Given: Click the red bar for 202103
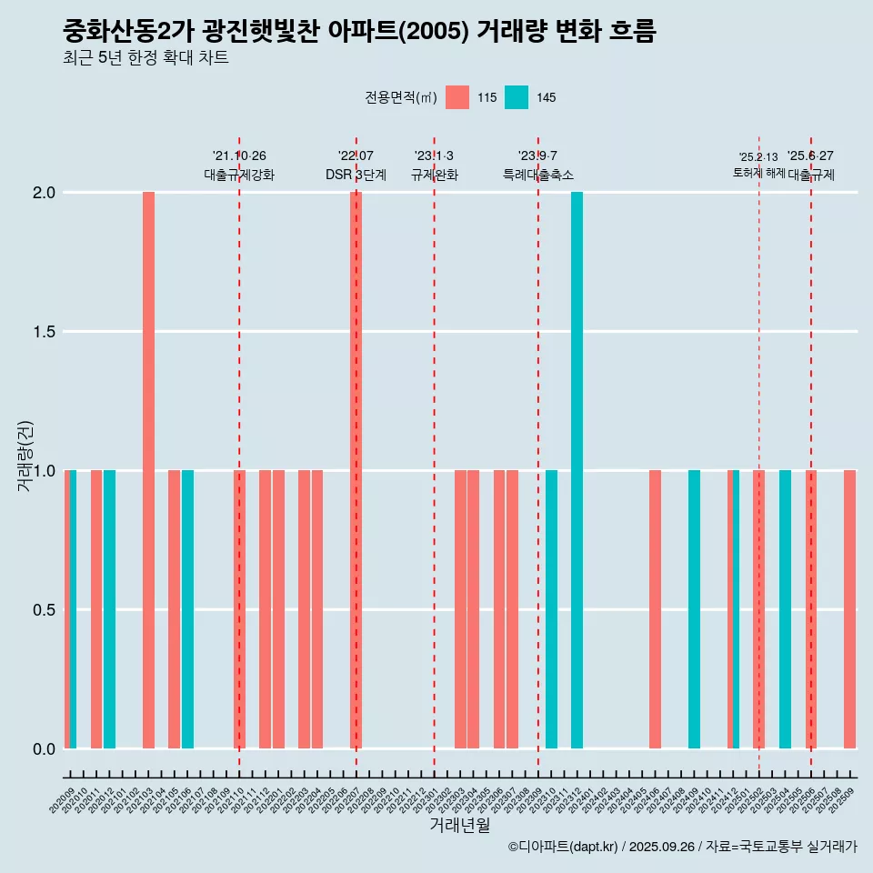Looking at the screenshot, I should point(148,470).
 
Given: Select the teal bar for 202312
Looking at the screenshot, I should point(577,470).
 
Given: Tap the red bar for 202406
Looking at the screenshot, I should point(655,609).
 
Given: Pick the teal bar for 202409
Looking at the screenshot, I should point(694,609).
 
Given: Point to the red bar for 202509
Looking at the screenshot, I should point(849,609).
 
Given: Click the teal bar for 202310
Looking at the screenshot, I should point(551,609).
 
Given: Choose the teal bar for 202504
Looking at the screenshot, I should point(785,609).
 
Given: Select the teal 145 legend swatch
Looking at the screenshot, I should point(516,97).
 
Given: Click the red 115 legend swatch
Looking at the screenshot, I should point(457,97).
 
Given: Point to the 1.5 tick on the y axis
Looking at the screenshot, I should point(45,332).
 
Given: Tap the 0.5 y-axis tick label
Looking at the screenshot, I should point(45,610).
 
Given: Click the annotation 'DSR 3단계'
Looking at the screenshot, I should point(356,175).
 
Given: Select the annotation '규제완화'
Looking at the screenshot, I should point(434,175).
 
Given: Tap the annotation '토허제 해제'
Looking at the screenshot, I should point(758,173).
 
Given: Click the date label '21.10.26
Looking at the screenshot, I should point(239,156).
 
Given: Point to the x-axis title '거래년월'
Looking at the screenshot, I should point(459,826).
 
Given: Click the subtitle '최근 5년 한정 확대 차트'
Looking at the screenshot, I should point(145,58).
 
